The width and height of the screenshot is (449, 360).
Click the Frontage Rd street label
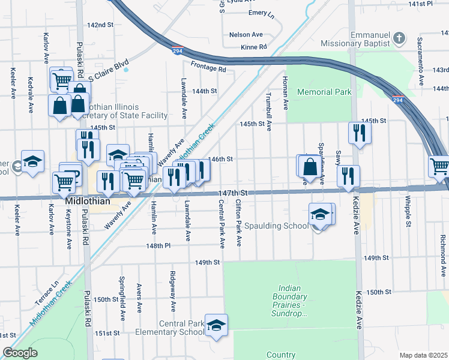208,69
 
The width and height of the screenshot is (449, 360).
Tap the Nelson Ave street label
246,35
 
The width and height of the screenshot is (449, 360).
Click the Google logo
20,352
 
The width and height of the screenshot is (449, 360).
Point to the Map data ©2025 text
423,355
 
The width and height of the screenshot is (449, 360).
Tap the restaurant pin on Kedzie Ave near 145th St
359,133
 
